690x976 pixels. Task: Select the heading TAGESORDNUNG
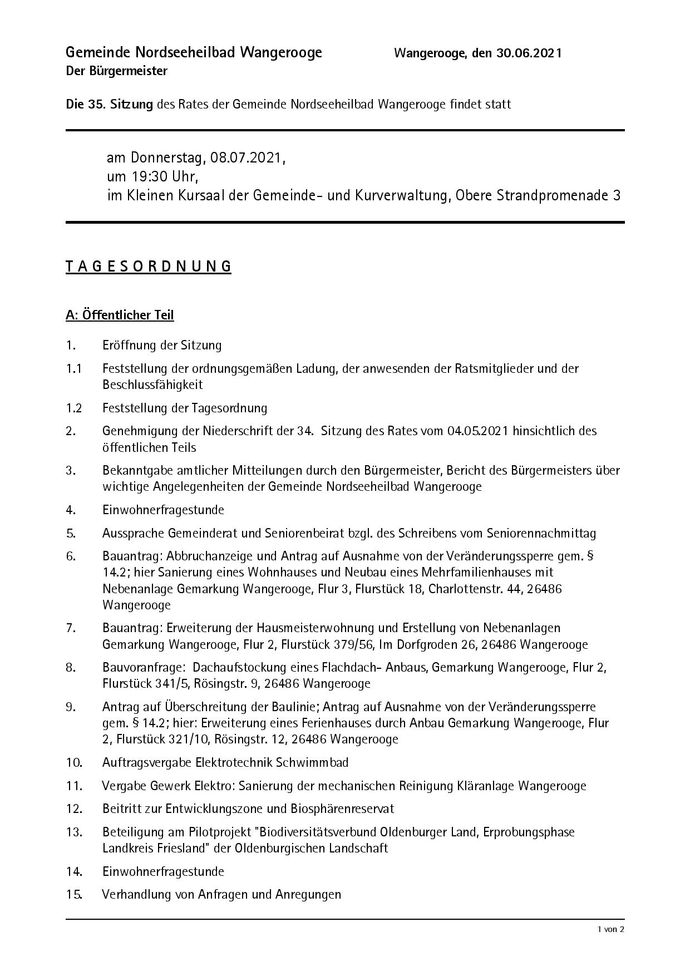[x=148, y=267]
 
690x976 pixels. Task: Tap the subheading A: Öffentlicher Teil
[x=120, y=316]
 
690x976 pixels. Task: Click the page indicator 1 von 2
[x=611, y=929]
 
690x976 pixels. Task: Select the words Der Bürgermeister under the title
[x=116, y=71]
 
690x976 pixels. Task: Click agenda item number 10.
[x=74, y=762]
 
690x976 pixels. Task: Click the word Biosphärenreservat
[x=342, y=809]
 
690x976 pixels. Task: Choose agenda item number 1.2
[x=73, y=408]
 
